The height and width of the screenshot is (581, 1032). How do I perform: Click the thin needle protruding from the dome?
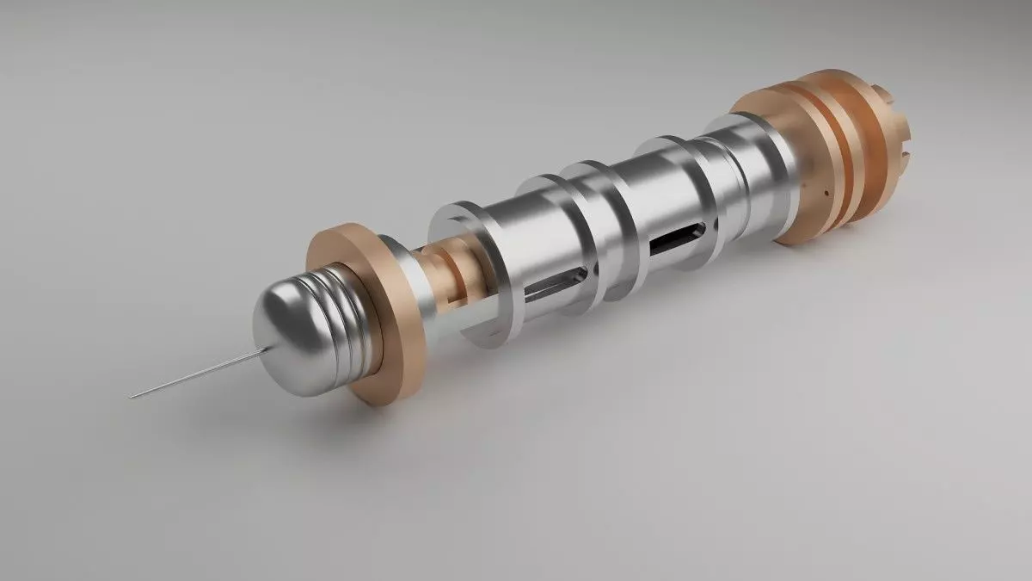(x=198, y=372)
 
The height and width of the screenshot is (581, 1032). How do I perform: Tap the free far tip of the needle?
(x=132, y=397)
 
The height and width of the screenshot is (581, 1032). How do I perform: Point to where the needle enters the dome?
(x=267, y=347)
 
